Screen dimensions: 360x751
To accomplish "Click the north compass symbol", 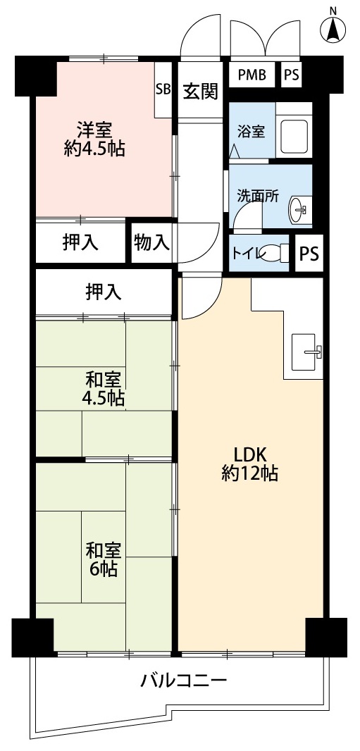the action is tap(333, 29).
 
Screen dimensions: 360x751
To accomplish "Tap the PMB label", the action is tap(252, 75).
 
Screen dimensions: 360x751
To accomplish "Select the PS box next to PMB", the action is tap(291, 75).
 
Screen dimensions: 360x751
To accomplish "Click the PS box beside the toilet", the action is tap(309, 254).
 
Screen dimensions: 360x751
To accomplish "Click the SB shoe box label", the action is tap(163, 89).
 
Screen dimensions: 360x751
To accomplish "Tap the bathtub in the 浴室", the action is tap(294, 130).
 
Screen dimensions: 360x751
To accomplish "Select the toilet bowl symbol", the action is tap(276, 252).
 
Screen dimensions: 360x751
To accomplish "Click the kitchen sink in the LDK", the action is tap(306, 352).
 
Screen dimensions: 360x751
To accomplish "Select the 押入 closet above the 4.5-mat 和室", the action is tap(104, 292).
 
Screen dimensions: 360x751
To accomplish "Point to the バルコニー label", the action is tap(182, 680).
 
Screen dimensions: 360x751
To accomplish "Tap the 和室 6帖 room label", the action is tap(104, 559).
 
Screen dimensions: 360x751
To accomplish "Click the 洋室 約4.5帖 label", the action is tap(94, 139).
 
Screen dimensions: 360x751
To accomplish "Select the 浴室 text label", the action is tap(252, 131).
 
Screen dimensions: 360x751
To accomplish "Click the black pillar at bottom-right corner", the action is tap(326, 638).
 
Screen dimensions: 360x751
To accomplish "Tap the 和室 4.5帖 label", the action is tap(104, 389).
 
